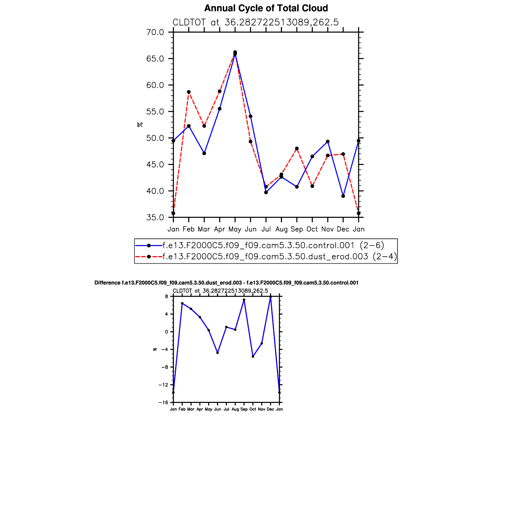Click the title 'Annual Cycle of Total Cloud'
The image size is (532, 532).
[x=266, y=8]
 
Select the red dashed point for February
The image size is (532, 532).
[x=189, y=92]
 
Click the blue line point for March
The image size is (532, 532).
[x=204, y=153]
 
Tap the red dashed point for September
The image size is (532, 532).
[x=297, y=148]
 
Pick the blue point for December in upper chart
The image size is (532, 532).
[x=343, y=196]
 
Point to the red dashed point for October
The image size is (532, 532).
[x=312, y=186]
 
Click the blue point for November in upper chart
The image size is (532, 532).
[x=328, y=142]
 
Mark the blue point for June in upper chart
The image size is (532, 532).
[x=250, y=116]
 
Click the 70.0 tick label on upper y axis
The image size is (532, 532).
[x=155, y=32]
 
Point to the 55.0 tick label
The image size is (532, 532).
[x=155, y=112]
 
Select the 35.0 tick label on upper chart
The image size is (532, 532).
[x=155, y=218]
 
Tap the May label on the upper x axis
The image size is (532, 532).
[x=235, y=229]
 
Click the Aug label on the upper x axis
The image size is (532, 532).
[x=281, y=229]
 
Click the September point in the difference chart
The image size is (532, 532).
[x=244, y=300]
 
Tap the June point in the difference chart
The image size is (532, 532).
[x=217, y=353]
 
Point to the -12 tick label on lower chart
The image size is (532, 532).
[x=163, y=385]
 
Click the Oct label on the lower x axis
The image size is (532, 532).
[x=253, y=409]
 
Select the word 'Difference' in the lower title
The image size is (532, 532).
[x=107, y=283]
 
